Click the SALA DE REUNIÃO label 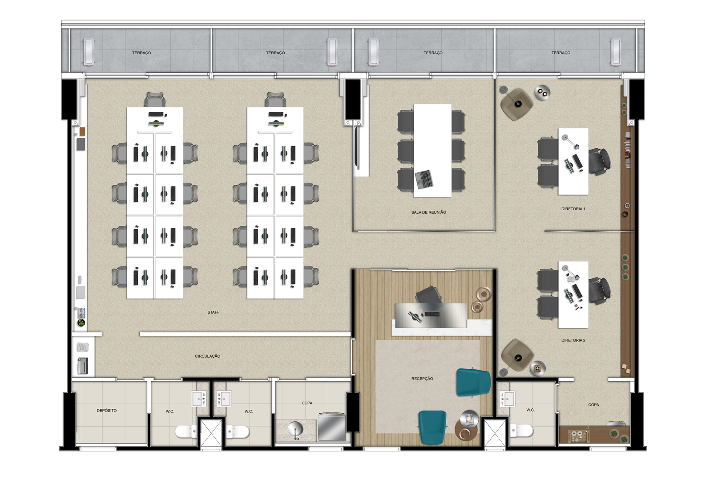pyautogui.click(x=428, y=212)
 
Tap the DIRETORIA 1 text pyautogui.click(x=573, y=209)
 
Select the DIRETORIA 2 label pyautogui.click(x=573, y=340)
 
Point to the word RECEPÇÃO pyautogui.click(x=422, y=379)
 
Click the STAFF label pyautogui.click(x=214, y=312)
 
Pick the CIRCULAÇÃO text pyautogui.click(x=207, y=356)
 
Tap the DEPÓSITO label pyautogui.click(x=106, y=411)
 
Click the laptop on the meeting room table pyautogui.click(x=424, y=179)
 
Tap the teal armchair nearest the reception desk pyautogui.click(x=473, y=382)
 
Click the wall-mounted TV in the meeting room pyautogui.click(x=356, y=147)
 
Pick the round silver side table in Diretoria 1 pyautogui.click(x=542, y=93)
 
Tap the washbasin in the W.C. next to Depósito pyautogui.click(x=199, y=398)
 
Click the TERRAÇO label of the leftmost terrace pyautogui.click(x=141, y=53)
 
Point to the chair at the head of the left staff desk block pyautogui.click(x=155, y=99)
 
